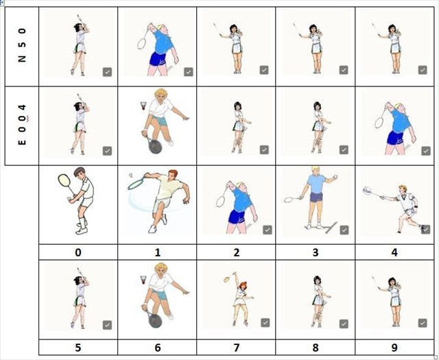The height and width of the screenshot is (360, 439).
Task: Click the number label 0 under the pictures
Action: point(78,252)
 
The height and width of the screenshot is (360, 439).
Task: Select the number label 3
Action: point(316,252)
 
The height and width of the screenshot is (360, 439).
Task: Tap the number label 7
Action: point(236,348)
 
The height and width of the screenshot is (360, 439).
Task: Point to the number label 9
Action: point(394,348)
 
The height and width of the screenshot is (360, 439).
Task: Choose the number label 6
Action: point(157,348)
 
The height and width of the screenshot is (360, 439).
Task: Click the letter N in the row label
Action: point(22,59)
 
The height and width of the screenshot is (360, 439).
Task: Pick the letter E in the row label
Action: point(22,142)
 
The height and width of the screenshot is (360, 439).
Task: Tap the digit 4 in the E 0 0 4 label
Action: point(22,108)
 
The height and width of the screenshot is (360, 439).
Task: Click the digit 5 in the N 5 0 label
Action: point(22,45)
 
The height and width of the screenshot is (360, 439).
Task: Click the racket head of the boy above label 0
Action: point(64,180)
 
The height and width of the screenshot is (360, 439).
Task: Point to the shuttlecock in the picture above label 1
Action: point(130,176)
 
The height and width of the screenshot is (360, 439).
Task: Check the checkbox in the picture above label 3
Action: point(344,230)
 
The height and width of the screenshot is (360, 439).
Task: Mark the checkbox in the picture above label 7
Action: point(265,322)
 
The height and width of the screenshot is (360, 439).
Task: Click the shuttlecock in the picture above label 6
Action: point(143,279)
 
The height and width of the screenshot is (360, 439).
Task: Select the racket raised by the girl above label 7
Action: point(228,278)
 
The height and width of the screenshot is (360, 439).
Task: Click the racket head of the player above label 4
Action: point(368,191)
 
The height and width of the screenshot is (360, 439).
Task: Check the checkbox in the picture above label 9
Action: point(423,323)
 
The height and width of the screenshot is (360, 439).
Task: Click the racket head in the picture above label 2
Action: point(221,202)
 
